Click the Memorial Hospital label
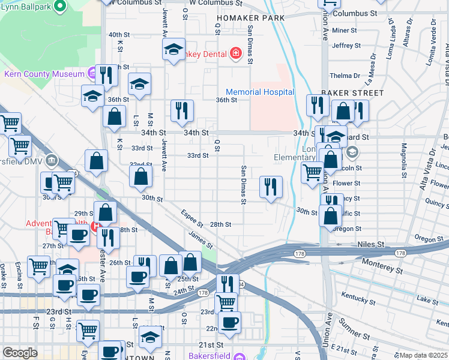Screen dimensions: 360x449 coord(264,92)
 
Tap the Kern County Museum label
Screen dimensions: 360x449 coord(44,74)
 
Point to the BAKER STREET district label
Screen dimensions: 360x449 coord(352,93)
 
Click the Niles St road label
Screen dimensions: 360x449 coord(370,245)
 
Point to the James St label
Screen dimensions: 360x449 coord(200,240)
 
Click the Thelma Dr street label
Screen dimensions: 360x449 coord(345,76)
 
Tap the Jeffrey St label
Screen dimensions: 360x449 coord(346,45)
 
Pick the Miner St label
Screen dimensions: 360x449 coord(344,30)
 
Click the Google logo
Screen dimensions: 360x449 coord(20,353)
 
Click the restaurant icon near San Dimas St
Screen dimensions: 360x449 coord(271,187)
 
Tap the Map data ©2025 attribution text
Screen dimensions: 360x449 coord(423,355)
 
